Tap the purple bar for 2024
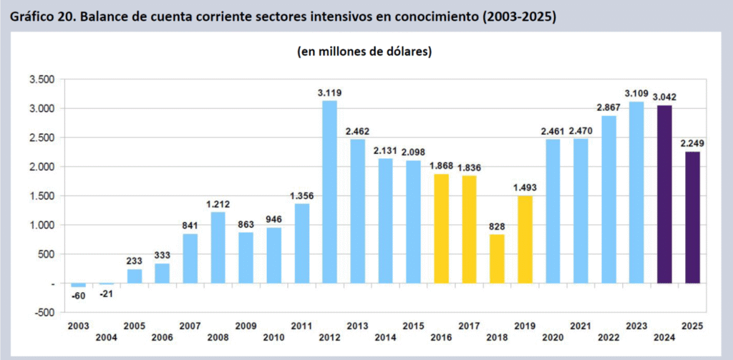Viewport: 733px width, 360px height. click(664, 194)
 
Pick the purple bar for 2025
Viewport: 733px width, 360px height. click(692, 218)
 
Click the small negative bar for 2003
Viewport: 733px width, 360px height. click(78, 286)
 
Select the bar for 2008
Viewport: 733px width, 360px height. click(218, 248)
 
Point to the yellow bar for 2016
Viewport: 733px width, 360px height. click(441, 228)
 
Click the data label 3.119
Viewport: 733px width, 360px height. click(329, 92)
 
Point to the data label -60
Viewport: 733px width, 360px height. click(78, 294)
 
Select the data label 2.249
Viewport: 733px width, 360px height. click(692, 143)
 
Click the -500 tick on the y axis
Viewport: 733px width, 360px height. click(43, 313)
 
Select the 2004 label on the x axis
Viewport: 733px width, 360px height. click(106, 338)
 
